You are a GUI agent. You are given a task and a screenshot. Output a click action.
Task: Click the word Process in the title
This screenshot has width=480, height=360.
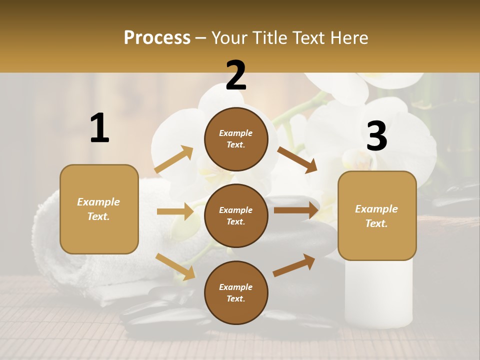pos(157,38)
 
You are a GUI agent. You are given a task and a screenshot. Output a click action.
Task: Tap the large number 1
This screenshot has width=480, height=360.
pos(99,128)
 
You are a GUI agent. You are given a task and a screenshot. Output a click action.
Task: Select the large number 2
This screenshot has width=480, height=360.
pos(236,75)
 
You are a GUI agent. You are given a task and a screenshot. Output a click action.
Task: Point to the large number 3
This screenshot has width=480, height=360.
pos(376,136)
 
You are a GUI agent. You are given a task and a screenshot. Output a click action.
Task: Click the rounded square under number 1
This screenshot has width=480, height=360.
pos(99,209)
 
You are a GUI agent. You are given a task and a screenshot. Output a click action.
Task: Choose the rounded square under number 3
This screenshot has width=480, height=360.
pos(377,215)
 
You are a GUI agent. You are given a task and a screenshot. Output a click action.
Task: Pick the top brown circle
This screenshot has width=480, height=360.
pos(236,139)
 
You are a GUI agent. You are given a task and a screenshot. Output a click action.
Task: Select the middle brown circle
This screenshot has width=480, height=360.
pos(236,215)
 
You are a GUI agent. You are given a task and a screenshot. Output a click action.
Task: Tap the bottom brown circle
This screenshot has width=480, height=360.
pos(236,292)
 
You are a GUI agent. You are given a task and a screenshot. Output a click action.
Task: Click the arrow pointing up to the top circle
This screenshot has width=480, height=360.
pos(174,159)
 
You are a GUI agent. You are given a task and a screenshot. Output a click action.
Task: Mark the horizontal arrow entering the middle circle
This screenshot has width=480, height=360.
pos(175,211)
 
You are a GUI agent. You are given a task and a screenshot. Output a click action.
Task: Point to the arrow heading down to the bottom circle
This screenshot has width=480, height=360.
pos(175,266)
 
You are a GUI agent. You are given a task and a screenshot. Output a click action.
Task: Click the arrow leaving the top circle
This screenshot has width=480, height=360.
pos(297,159)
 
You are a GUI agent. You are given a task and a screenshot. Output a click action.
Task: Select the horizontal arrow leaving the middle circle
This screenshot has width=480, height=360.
pos(296,210)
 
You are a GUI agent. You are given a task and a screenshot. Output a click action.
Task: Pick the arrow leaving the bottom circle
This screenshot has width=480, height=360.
pos(294,265)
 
